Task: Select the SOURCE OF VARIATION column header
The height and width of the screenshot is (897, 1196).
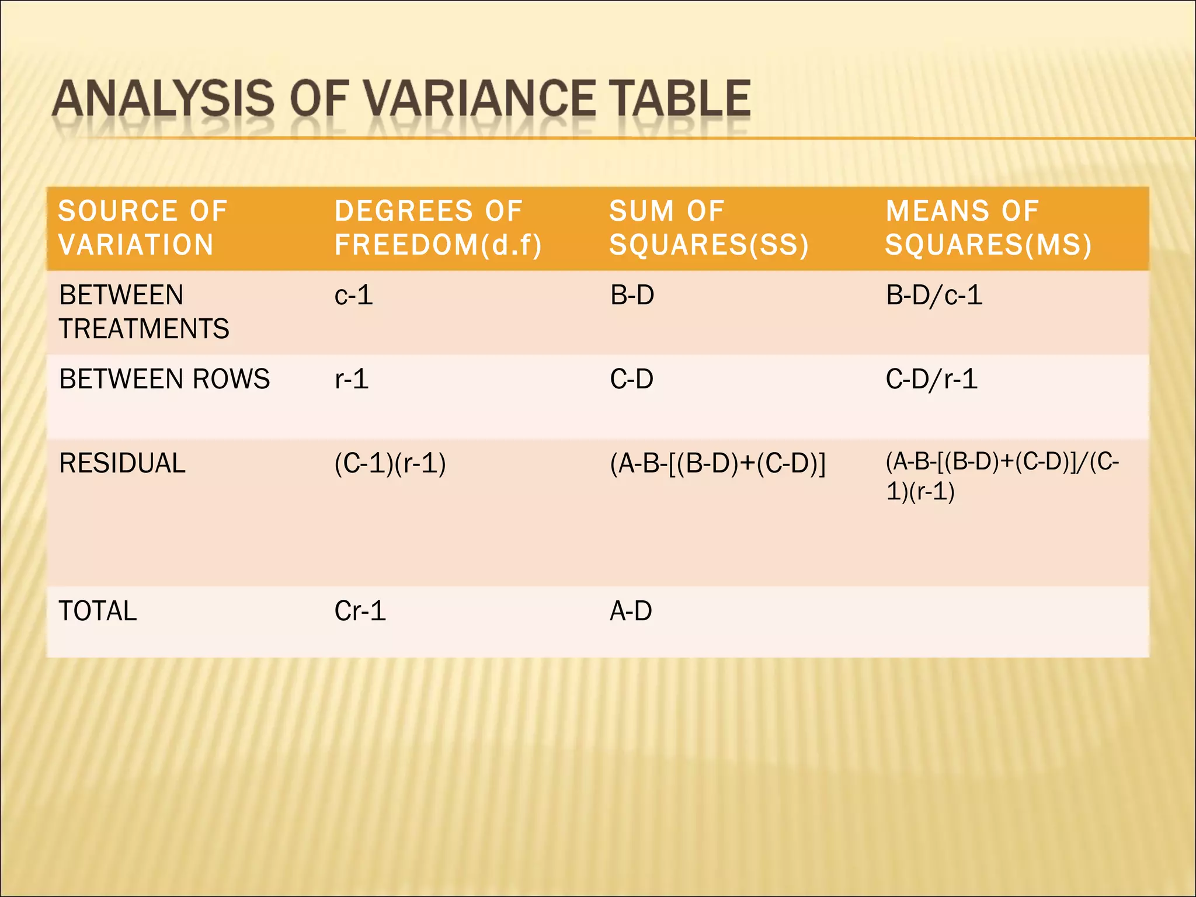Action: pos(142,228)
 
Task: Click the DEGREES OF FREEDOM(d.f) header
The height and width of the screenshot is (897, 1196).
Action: pos(438,228)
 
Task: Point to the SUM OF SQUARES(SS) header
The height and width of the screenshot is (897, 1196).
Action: pos(709,228)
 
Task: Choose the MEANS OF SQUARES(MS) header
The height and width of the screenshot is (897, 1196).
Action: pos(988,228)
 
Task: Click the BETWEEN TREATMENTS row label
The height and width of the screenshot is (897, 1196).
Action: pos(144,312)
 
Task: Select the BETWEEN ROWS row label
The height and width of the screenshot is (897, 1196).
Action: pos(165,379)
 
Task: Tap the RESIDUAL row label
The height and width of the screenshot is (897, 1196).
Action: pos(122,463)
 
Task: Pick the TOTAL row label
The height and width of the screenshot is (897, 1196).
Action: pos(98,611)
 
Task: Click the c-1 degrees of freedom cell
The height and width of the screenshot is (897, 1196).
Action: pos(353,295)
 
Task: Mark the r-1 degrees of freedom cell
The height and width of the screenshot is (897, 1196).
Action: pos(352,379)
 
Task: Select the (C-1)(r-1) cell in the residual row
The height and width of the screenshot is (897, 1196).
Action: pos(390,463)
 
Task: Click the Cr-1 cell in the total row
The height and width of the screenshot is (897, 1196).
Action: pos(360,611)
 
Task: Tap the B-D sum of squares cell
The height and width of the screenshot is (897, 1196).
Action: pos(632,295)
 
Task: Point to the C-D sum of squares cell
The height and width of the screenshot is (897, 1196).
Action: pos(631,379)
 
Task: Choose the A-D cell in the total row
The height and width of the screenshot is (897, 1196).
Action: pos(631,611)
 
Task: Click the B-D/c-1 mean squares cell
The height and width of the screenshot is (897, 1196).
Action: pos(934,295)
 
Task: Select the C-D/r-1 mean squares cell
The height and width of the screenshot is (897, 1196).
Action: pos(931,379)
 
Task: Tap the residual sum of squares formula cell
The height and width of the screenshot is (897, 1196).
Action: pos(718,464)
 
